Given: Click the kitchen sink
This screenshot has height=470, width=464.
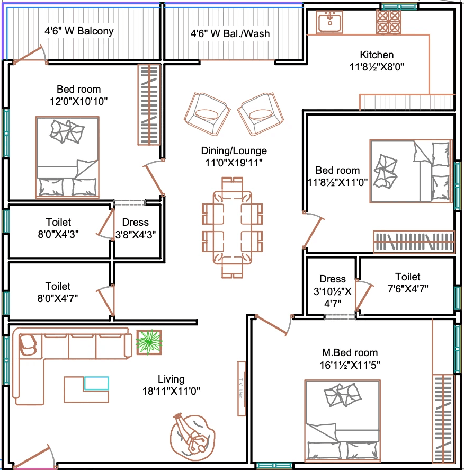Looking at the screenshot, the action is click(x=329, y=22).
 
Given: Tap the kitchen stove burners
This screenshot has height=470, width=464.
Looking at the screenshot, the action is click(x=389, y=22).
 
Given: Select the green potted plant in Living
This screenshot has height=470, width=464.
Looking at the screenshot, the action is click(x=149, y=342).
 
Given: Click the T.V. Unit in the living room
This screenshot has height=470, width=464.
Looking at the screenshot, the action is click(x=242, y=388).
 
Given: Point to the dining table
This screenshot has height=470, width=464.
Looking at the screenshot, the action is click(x=233, y=227).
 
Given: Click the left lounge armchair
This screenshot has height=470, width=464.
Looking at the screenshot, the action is click(x=207, y=114).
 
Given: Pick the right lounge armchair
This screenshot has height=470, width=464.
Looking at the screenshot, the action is click(x=261, y=114).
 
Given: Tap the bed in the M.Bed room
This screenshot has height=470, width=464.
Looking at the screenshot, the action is click(x=342, y=421).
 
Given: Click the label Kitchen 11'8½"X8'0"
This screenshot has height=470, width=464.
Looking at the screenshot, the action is click(x=377, y=60).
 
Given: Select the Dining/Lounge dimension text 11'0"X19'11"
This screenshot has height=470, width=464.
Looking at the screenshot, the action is click(x=234, y=163).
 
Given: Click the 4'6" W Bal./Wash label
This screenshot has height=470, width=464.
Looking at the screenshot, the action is click(x=230, y=33).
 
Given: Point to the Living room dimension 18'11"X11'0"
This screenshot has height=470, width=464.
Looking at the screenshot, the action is click(x=171, y=391).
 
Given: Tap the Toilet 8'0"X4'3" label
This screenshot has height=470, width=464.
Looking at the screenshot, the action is click(x=58, y=228).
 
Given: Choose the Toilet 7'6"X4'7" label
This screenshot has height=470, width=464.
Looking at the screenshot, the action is click(x=408, y=282).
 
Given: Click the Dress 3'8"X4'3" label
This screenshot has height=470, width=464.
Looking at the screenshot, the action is click(x=136, y=228).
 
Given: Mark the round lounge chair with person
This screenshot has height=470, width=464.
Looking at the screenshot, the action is click(x=193, y=433).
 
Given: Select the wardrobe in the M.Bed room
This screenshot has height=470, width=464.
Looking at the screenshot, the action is click(x=443, y=418).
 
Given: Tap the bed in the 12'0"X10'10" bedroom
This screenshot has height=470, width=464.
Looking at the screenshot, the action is click(x=67, y=157).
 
